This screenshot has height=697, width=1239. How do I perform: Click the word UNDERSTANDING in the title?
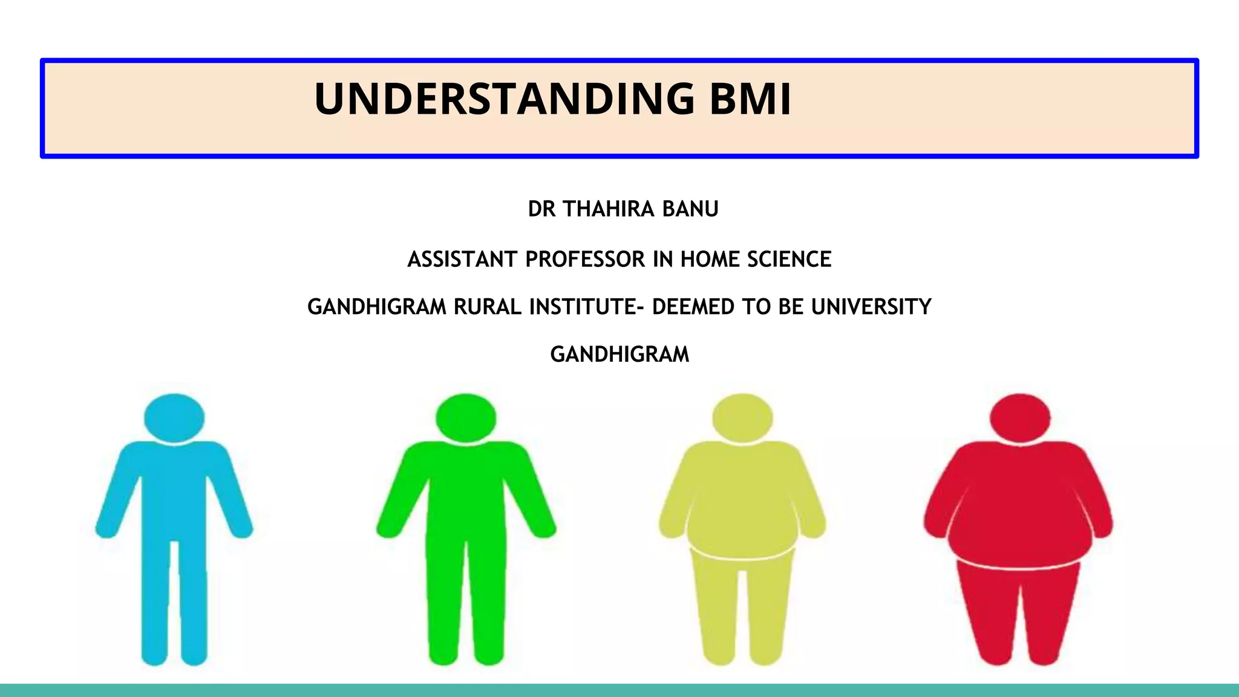(504, 99)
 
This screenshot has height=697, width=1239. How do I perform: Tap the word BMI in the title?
(750, 99)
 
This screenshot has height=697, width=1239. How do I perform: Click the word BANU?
(690, 209)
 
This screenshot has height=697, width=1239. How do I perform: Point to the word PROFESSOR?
(585, 259)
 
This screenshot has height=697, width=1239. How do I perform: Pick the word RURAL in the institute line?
(488, 307)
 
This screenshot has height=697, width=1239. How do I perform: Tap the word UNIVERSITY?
(871, 307)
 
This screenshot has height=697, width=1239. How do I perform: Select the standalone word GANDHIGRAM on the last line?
(619, 355)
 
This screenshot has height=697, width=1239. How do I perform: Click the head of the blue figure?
(174, 418)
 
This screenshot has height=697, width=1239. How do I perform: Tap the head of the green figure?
(466, 418)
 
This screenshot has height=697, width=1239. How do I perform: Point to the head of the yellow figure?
(742, 418)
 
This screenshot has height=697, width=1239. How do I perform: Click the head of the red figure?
(1020, 418)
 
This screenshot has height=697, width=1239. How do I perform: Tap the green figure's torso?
(466, 496)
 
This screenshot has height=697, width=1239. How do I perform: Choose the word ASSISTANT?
(463, 259)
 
